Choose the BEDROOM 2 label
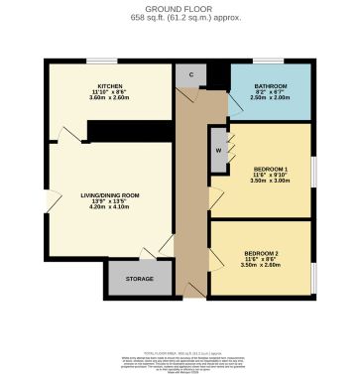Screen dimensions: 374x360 (261, 254)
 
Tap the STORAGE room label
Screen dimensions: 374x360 (139, 279)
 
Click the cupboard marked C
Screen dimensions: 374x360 (188, 74)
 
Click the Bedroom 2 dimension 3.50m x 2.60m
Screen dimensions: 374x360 (261, 266)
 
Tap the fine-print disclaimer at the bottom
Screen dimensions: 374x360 (180, 360)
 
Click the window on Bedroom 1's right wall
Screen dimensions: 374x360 (314, 171)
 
